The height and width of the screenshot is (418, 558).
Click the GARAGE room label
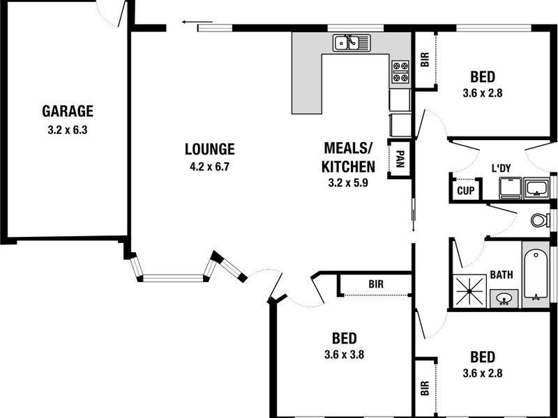(68, 111)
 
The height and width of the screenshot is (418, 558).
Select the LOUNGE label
(209, 148)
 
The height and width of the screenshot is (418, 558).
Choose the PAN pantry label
(400, 160)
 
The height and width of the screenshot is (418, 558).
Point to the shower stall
(471, 291)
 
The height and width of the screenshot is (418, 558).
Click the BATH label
(501, 275)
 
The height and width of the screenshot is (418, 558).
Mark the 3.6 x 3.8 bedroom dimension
(345, 355)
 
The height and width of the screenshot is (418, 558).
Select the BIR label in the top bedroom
(425, 59)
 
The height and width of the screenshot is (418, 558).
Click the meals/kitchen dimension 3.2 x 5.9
(348, 184)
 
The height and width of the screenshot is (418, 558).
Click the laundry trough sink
(536, 188)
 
